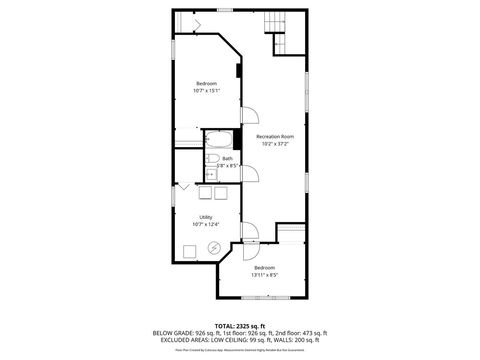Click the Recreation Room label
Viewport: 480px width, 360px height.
(x=274, y=136)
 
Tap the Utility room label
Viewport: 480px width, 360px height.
(x=205, y=217)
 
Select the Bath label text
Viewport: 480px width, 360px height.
(x=227, y=158)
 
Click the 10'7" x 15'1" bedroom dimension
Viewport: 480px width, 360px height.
(x=206, y=91)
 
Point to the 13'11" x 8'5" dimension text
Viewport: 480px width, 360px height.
(x=264, y=275)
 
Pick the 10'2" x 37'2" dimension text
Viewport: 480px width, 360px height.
(x=274, y=144)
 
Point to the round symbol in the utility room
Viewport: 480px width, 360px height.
(x=213, y=248)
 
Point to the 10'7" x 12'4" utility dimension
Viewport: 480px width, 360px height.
(x=205, y=224)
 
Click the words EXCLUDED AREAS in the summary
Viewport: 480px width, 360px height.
(x=176, y=339)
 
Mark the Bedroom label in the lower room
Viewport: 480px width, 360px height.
(x=264, y=268)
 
